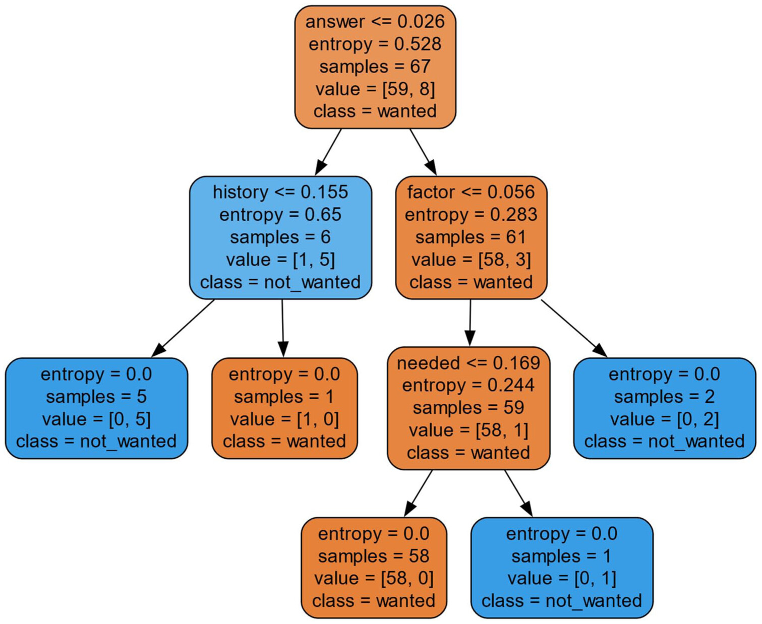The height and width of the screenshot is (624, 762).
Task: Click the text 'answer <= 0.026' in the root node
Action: click(x=375, y=22)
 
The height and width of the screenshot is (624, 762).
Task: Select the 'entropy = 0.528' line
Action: click(x=375, y=44)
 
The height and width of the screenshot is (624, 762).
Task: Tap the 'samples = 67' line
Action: click(x=375, y=67)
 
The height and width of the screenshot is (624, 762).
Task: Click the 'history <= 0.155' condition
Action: click(x=280, y=192)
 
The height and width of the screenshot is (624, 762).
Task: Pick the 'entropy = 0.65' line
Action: click(x=280, y=215)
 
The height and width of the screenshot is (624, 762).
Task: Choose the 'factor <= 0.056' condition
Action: click(x=471, y=192)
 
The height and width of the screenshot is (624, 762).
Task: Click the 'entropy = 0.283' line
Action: click(x=471, y=215)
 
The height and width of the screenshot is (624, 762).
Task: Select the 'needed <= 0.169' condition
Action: click(x=468, y=363)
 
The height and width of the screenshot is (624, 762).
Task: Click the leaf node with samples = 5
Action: click(x=96, y=408)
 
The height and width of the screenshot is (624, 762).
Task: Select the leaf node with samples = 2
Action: click(x=664, y=408)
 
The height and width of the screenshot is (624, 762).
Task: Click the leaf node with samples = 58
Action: click(x=374, y=568)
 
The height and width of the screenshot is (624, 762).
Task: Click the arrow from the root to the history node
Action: click(x=328, y=152)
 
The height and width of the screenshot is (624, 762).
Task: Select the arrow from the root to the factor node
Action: click(x=423, y=152)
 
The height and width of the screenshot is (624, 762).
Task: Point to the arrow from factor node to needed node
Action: click(x=470, y=323)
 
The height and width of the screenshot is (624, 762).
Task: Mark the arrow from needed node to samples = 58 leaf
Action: click(x=418, y=493)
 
